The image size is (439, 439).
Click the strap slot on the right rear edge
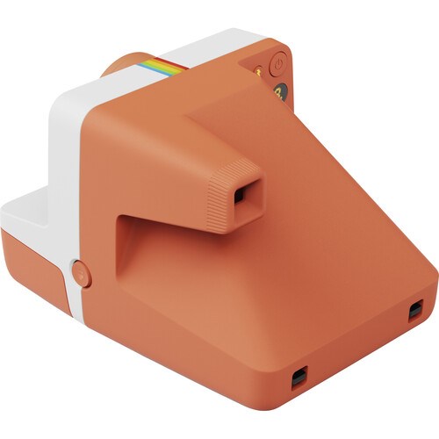click(x=415, y=309)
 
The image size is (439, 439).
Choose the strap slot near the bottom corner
click(x=299, y=377)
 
